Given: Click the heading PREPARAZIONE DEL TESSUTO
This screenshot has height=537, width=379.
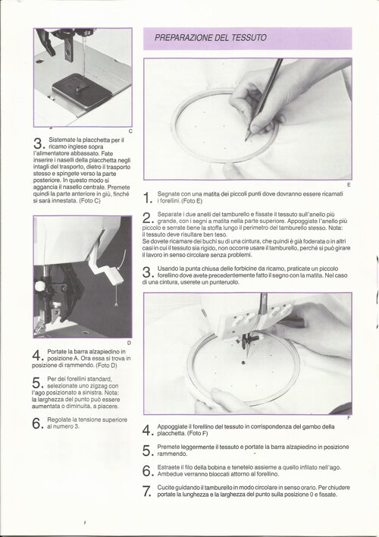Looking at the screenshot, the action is pos(211,38).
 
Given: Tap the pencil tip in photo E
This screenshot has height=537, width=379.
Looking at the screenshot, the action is pos(246,140).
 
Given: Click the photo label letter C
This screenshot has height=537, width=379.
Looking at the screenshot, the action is pos(130,131).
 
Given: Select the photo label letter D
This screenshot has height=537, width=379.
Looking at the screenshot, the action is pos(129,343).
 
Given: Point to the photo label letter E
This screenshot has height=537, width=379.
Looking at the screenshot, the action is pos(349,185).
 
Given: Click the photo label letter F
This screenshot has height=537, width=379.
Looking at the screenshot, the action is pos(349,418).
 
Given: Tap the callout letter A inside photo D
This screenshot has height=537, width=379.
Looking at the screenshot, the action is pos(116,304).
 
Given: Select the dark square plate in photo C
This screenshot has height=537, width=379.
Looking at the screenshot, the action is pos(81,91).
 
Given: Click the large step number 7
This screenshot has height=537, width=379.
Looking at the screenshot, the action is pos(146,491).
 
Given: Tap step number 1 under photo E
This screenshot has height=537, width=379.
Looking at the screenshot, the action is pos(146,198).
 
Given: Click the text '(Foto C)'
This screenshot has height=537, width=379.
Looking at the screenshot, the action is pos(89,201).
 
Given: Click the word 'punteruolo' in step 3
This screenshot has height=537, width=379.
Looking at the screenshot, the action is pos(224,283).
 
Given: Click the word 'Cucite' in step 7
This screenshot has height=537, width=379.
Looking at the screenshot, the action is pos(166,488).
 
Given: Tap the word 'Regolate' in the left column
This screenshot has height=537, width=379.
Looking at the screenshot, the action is pos(59,420).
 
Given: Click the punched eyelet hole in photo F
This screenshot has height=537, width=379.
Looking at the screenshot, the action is pos(243,362).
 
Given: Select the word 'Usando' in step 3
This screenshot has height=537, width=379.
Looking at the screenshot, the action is pos(167,268).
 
